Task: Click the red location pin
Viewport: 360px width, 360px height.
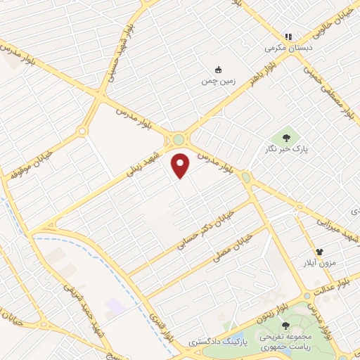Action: pyautogui.click(x=181, y=166)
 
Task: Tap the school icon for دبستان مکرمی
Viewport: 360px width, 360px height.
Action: pyautogui.click(x=287, y=37)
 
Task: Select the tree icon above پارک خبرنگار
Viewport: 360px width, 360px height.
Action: pyautogui.click(x=285, y=137)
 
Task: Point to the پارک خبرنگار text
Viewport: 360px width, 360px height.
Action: pyautogui.click(x=292, y=149)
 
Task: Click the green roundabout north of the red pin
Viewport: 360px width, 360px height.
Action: pyautogui.click(x=179, y=139)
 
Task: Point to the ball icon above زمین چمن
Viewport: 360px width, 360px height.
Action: pyautogui.click(x=218, y=70)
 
